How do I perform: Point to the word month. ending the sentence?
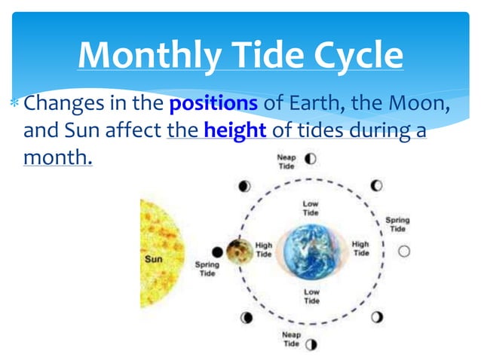tap(58, 158)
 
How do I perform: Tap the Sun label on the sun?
tap(153, 259)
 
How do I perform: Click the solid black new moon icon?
tap(217, 252)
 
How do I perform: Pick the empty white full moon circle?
tap(404, 252)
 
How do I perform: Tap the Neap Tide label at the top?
tap(286, 162)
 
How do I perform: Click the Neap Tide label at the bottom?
tap(292, 339)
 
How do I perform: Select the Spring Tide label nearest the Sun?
tap(207, 270)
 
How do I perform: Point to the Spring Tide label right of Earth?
tap(397, 224)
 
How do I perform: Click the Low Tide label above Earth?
tap(311, 209)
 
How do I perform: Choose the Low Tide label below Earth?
tap(311, 296)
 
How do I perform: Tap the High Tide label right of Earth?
tap(361, 249)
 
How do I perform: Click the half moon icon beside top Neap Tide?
tap(310, 159)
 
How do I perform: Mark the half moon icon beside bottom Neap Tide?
tap(311, 344)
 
